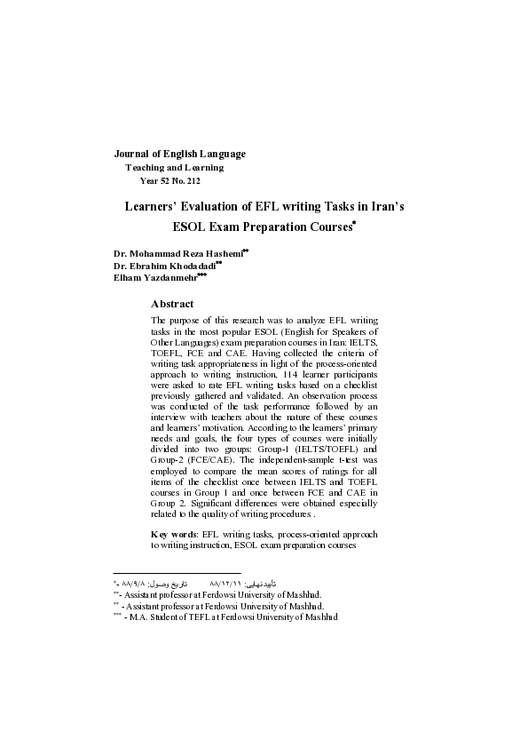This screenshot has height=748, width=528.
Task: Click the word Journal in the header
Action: pyautogui.click(x=135, y=154)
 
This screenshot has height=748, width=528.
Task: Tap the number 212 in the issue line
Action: pyautogui.click(x=190, y=180)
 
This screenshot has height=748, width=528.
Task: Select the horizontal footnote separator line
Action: pyautogui.click(x=177, y=573)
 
